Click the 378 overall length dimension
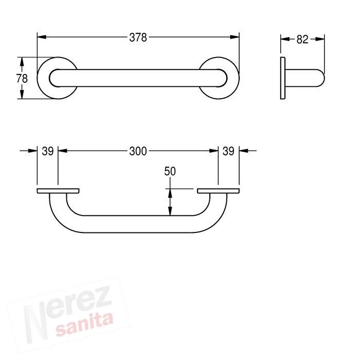[138, 38]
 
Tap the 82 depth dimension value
[302, 40]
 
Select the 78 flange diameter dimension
[22, 79]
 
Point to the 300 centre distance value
[138, 151]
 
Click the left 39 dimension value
[48, 151]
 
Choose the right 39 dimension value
[228, 151]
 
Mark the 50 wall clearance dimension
[170, 171]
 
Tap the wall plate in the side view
[283, 78]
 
